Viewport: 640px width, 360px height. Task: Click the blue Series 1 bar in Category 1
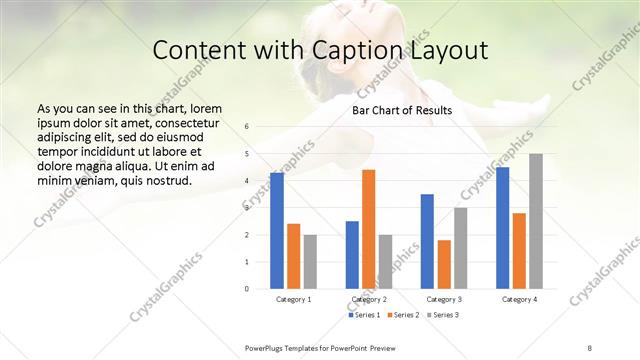tap(277, 231)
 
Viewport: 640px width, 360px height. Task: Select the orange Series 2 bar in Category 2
tap(368, 229)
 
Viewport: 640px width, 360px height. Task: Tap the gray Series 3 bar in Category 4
tap(536, 221)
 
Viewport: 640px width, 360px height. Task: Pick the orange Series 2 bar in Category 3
tap(444, 264)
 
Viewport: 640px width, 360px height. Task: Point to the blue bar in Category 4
tap(502, 228)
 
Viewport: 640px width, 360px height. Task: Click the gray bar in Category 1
tap(310, 262)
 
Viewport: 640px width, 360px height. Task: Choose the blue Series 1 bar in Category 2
tap(352, 255)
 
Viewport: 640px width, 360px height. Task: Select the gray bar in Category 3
tap(460, 248)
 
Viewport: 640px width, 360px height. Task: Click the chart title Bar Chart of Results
tap(402, 110)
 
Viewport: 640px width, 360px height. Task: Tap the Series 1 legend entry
tap(365, 315)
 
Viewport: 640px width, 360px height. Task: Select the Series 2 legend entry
tap(403, 315)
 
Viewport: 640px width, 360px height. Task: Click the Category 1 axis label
tap(293, 299)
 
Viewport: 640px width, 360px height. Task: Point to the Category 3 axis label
tap(444, 299)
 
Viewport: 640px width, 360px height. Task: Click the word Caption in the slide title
tap(371, 52)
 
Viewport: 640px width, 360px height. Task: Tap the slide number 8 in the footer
tap(590, 346)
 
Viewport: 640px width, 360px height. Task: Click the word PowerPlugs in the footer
tap(268, 346)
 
